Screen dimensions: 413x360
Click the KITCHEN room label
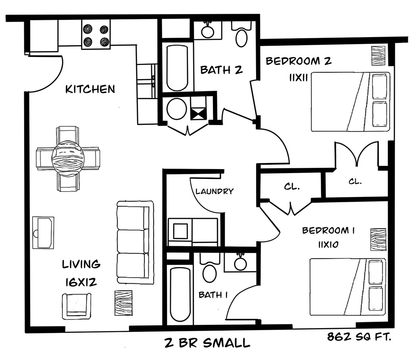coord(90,89)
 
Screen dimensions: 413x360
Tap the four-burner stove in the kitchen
coord(96,36)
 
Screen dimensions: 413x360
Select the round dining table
coord(68,158)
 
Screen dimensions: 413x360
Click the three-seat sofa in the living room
coord(135,242)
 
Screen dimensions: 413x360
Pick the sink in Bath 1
coord(240,263)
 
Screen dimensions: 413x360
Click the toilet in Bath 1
coord(209,270)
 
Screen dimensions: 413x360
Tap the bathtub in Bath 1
coord(179,295)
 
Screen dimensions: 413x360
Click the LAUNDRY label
coord(215,191)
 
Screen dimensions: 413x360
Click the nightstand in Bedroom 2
coord(379,55)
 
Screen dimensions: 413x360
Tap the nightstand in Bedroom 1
coord(378,239)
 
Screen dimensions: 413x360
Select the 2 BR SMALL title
coord(207,343)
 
